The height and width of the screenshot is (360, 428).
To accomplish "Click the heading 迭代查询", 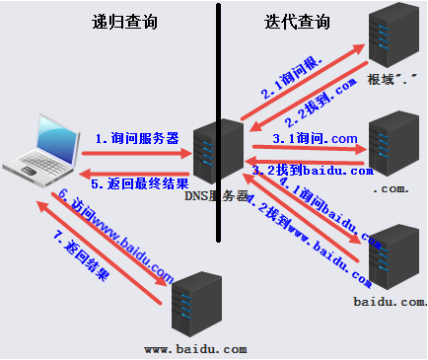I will (297, 22).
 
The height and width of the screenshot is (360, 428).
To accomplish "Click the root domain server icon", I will (393, 37).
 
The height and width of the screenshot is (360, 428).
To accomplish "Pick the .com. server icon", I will (393, 144).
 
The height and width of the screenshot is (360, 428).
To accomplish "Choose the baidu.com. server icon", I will (393, 254).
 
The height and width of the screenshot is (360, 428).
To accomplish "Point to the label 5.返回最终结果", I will (135, 182).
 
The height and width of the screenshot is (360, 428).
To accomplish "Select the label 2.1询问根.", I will (291, 79).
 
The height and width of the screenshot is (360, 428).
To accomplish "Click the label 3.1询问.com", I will (312, 138).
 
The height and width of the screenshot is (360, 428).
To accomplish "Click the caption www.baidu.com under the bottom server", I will (195, 349).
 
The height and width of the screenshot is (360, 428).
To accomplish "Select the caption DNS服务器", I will (217, 196).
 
